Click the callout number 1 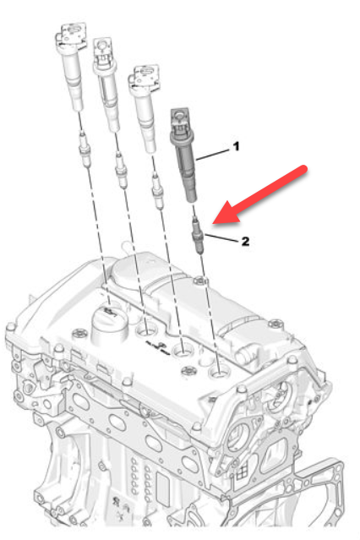point(236,147)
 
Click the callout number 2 point(245,241)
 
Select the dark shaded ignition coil point(183,155)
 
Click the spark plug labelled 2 point(198,235)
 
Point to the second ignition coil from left point(106,85)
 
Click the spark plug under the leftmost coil point(85,149)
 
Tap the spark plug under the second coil point(121,170)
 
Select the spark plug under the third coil point(158,191)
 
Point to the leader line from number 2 point(221,238)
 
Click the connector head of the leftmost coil point(71,34)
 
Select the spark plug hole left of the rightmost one point(183,351)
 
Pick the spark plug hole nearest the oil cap point(146,330)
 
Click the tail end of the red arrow point(303,170)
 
